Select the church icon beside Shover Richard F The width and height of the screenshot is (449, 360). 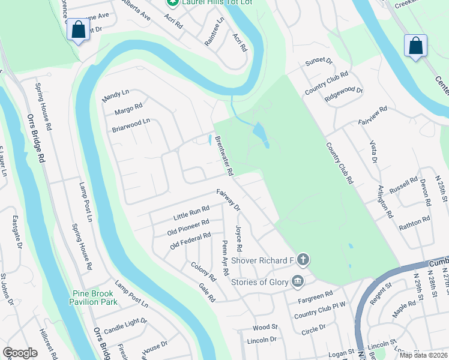coord(304,260)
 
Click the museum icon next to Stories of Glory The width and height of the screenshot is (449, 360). coord(297,281)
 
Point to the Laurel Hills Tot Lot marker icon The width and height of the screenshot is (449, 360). coord(172,2)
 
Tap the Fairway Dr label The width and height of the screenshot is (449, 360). coord(228,200)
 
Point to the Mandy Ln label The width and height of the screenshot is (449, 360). coord(116,95)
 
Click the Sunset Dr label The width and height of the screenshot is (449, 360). coord(318,61)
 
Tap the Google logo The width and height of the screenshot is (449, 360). coord(20,352)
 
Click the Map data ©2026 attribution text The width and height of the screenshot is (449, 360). coord(423,355)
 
